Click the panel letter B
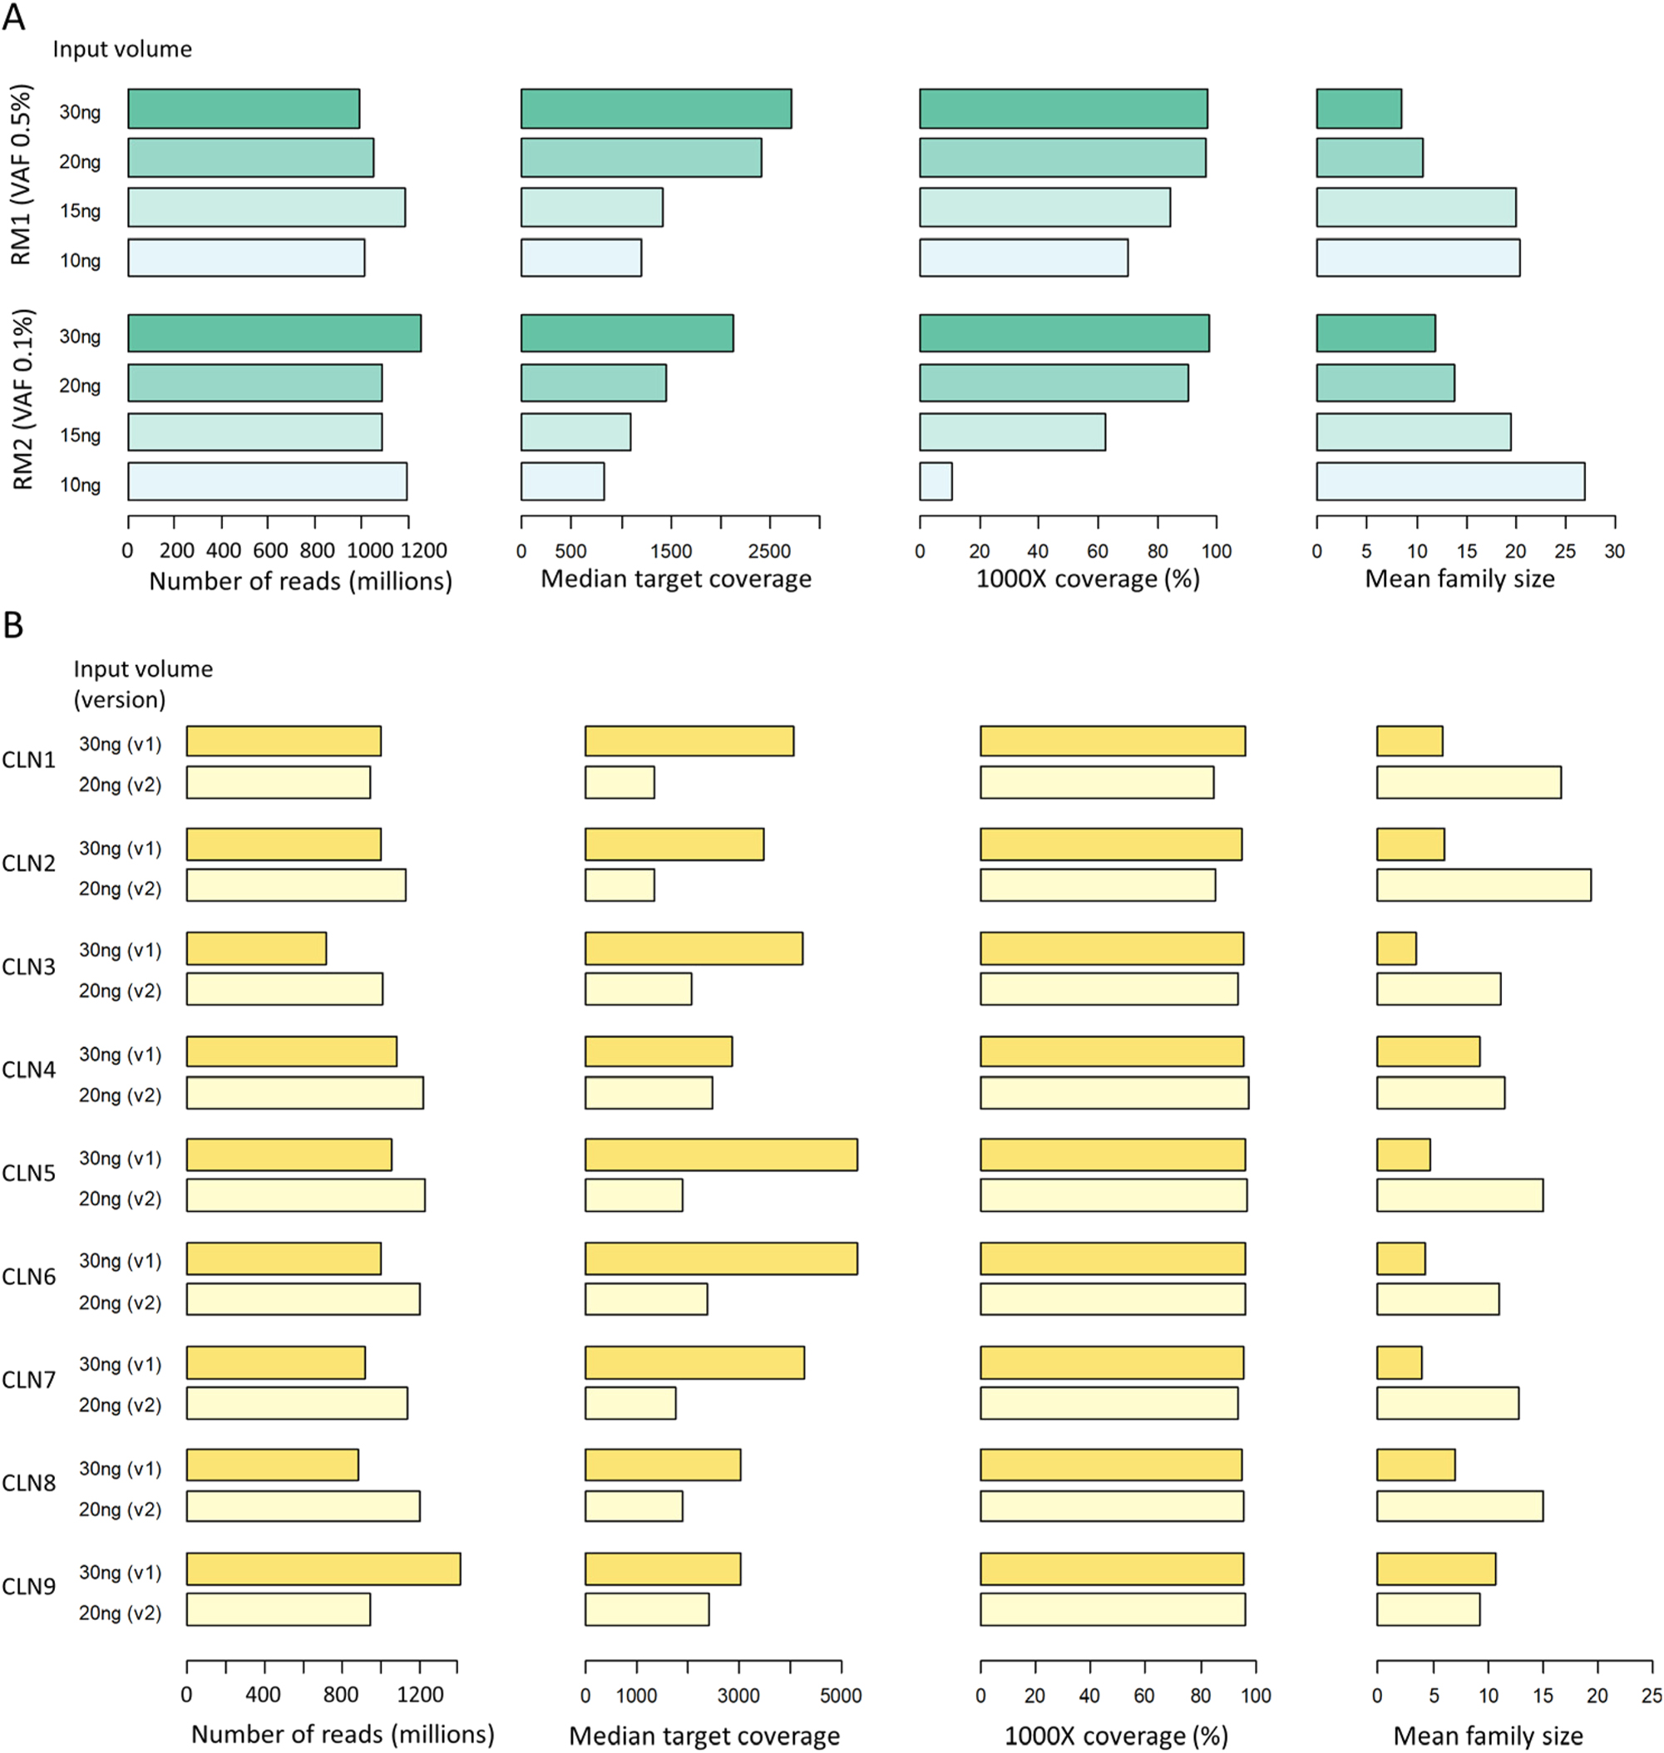pos(12,625)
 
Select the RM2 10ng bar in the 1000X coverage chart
pos(936,481)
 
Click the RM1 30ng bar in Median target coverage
pos(655,109)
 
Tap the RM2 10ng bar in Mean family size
pos(1450,481)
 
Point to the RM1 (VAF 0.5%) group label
pos(22,175)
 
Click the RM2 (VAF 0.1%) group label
pos(23,399)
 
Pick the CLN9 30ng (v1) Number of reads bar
pos(323,1568)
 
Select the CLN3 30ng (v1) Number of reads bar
pos(256,948)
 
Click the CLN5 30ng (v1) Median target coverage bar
pos(721,1155)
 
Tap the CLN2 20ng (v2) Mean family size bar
pos(1483,886)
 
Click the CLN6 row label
pos(28,1277)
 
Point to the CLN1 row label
pos(28,760)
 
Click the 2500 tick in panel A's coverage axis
pos(769,550)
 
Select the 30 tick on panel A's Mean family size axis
pos(1614,550)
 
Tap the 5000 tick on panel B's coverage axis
pos(840,1696)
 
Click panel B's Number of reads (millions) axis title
pos(343,1734)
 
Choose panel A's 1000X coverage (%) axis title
pos(1088,579)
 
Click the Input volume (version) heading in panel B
pos(143,683)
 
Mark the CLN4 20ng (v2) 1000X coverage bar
pos(1114,1093)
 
